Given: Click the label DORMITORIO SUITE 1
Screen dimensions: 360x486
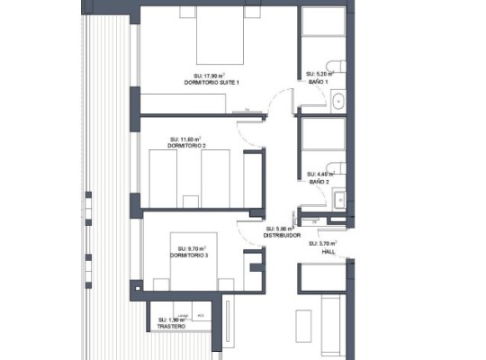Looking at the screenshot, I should [217, 82].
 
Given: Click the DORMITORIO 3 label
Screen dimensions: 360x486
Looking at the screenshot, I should [189, 256].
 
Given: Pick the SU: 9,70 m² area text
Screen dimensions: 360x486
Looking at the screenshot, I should [192, 248].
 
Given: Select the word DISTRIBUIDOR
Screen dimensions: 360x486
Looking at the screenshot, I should [281, 236].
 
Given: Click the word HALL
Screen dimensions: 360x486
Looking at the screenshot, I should [328, 253].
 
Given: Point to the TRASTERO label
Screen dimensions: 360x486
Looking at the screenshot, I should [171, 327].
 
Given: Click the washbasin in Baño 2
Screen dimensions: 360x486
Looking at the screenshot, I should [338, 199].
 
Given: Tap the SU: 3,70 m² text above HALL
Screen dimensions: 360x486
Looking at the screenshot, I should [322, 244].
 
